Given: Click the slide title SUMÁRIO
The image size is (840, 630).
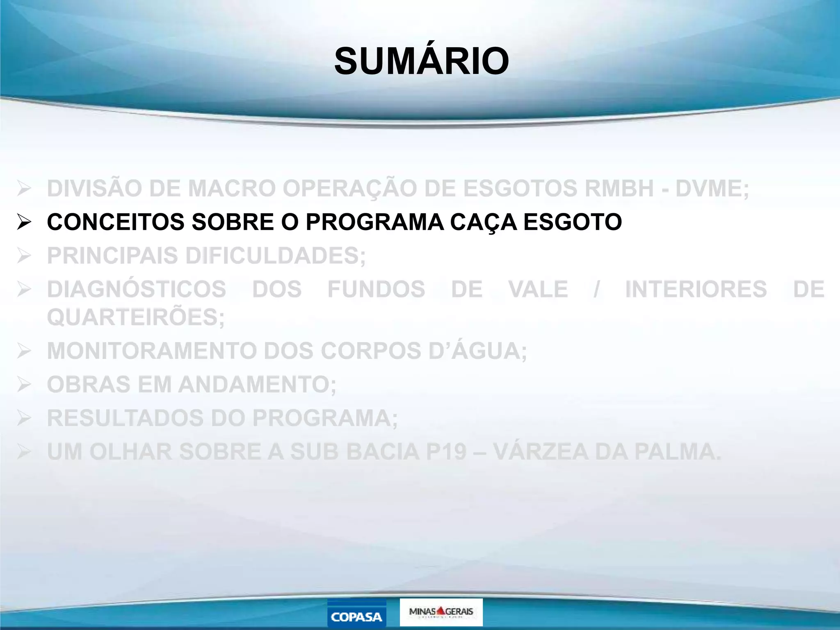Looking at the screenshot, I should point(422,62).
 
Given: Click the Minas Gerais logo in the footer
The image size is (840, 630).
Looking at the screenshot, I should point(441,612).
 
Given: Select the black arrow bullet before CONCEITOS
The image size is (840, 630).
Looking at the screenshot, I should point(24,222).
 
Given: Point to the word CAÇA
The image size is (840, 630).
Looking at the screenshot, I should point(483,222).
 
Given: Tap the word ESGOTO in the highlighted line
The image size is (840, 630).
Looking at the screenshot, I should point(573,222).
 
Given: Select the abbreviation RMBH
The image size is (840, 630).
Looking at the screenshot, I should point(619,189).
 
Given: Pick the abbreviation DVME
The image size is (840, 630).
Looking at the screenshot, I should point(712,189).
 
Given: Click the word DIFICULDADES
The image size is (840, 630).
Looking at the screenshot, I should point(275,256).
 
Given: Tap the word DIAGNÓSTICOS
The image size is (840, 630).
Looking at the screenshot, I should point(137,289).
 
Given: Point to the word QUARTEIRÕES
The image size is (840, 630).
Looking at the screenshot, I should point(136,317).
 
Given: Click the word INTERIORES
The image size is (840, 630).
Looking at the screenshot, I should point(696,289).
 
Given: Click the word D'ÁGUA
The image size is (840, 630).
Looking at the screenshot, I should point(477,351).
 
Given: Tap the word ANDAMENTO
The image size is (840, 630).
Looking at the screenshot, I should point(257,385).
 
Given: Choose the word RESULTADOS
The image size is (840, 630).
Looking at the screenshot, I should point(126,418).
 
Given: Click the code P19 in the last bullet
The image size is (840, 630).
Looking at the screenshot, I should point(446,452).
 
